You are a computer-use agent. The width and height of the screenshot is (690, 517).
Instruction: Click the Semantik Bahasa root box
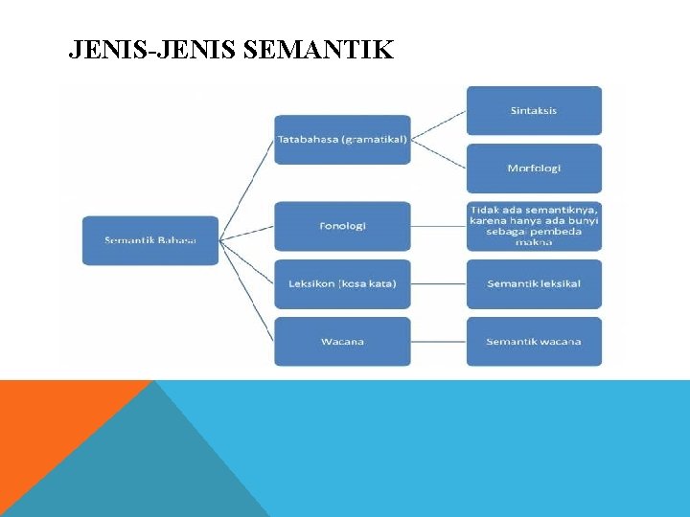pyautogui.click(x=150, y=239)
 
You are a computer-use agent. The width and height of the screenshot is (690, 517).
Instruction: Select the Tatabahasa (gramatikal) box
pyautogui.click(x=342, y=140)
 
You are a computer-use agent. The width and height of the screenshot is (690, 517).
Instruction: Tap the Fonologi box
pyautogui.click(x=342, y=226)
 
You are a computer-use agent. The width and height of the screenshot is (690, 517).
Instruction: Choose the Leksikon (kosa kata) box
pyautogui.click(x=342, y=283)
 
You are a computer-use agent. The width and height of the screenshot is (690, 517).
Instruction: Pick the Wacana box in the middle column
pyautogui.click(x=342, y=341)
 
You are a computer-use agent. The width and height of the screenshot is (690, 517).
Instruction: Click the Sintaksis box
pyautogui.click(x=534, y=110)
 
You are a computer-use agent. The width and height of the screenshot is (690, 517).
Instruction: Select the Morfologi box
pyautogui.click(x=534, y=169)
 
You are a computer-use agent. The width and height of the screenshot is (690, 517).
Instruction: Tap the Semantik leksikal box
pyautogui.click(x=534, y=283)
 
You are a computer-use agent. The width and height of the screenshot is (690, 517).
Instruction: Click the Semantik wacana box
pyautogui.click(x=534, y=341)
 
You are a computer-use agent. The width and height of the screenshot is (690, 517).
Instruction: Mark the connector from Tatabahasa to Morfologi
pyautogui.click(x=438, y=154)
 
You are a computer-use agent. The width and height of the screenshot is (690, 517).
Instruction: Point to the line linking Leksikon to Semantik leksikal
pyautogui.click(x=438, y=283)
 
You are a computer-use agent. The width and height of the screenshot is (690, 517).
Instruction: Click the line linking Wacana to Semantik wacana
pyautogui.click(x=438, y=341)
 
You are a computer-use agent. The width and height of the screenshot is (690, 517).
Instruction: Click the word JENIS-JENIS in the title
pyautogui.click(x=153, y=50)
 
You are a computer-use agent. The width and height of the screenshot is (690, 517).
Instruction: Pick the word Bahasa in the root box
pyautogui.click(x=176, y=239)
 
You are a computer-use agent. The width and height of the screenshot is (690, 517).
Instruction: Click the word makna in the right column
pyautogui.click(x=534, y=243)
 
